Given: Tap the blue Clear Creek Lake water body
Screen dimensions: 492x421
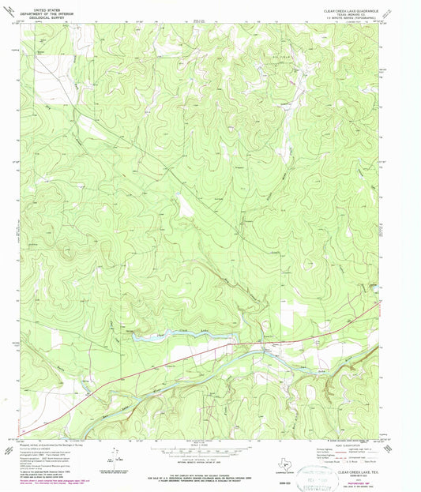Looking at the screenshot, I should [x=158, y=336].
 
